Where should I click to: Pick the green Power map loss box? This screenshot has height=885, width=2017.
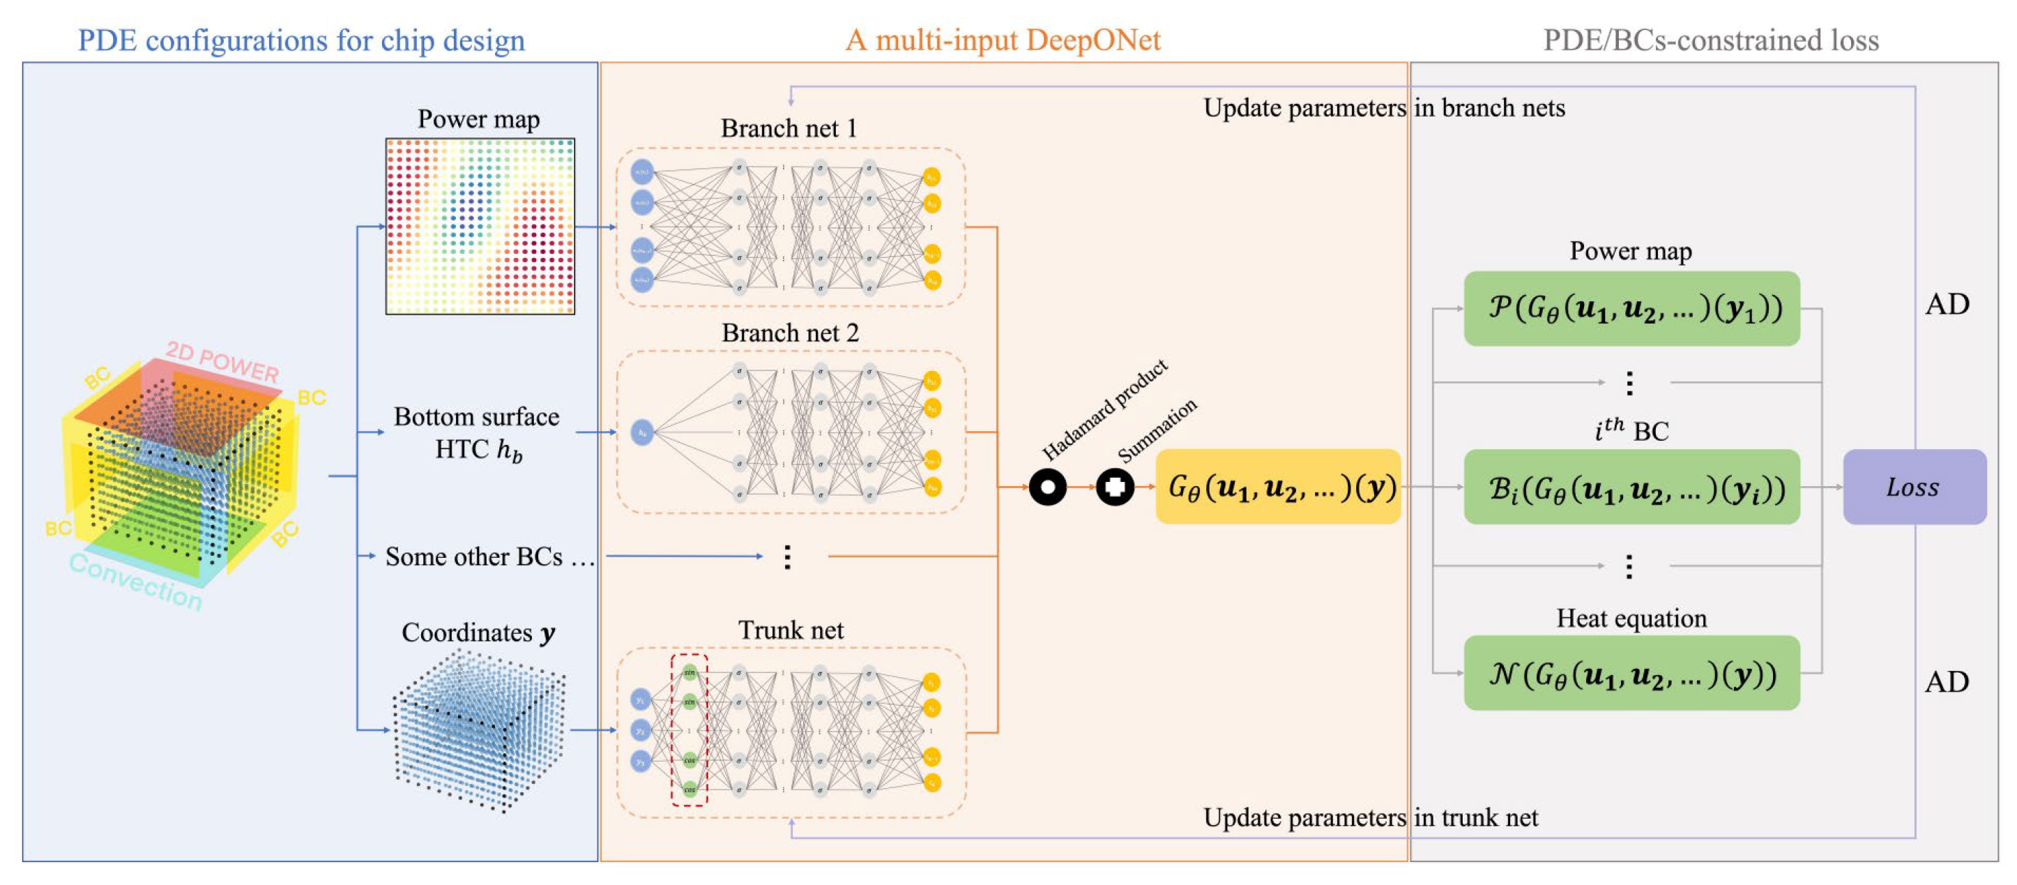click(1631, 308)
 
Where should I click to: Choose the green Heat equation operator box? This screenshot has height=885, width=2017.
click(1631, 673)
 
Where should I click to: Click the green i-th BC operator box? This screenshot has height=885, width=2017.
click(1631, 487)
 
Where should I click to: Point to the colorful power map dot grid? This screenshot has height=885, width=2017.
click(480, 227)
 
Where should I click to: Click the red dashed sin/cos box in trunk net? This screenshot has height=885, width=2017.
click(689, 730)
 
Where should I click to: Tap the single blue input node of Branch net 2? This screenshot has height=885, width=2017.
click(642, 432)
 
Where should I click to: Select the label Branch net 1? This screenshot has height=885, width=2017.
click(789, 128)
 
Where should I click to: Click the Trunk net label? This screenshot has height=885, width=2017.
click(791, 630)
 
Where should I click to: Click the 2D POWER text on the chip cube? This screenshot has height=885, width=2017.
click(222, 362)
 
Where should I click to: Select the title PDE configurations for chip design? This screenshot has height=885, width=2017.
click(301, 40)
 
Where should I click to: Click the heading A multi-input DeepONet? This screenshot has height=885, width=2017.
click(1003, 40)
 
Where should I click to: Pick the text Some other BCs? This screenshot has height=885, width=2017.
click(473, 556)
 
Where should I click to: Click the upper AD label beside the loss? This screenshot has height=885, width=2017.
click(1947, 304)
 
